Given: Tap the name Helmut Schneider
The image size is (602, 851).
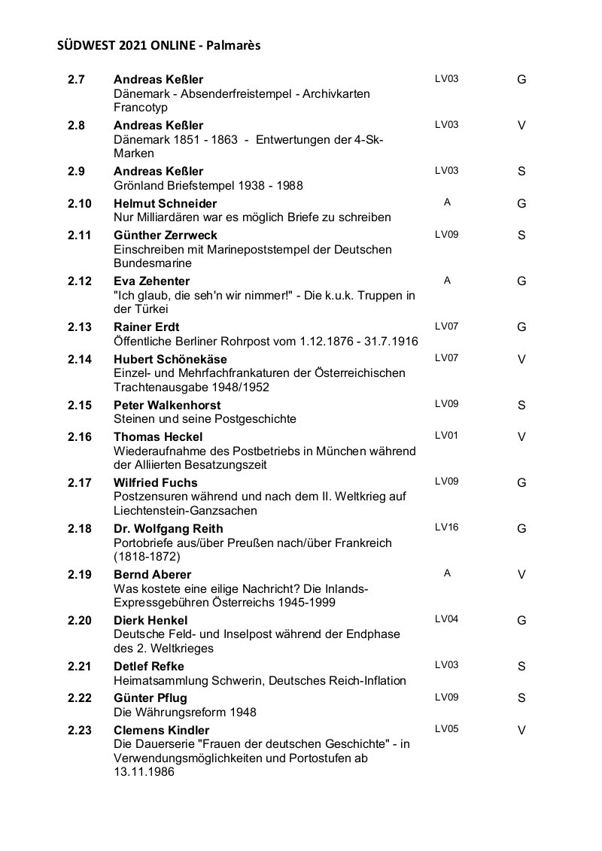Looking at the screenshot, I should (165, 204).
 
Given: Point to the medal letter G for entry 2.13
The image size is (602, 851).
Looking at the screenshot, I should (521, 327).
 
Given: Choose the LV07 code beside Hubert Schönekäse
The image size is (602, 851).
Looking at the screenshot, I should (446, 357).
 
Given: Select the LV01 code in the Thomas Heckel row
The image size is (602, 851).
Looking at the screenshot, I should (446, 435).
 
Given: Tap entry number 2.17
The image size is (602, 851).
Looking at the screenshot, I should (79, 483).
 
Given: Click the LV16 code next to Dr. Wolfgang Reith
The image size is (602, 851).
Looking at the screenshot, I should (446, 527).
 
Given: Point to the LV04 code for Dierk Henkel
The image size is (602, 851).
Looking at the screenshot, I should (446, 619).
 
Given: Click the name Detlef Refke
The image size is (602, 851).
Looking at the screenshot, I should (149, 667).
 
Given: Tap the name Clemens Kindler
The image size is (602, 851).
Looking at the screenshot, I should (162, 731).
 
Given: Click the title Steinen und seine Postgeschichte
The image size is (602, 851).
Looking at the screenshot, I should (205, 418).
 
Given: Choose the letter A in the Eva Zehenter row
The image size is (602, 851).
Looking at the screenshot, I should (447, 281).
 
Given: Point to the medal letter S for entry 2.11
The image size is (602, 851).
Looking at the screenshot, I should (521, 236).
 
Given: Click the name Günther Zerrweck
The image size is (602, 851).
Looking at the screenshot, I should (166, 236).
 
